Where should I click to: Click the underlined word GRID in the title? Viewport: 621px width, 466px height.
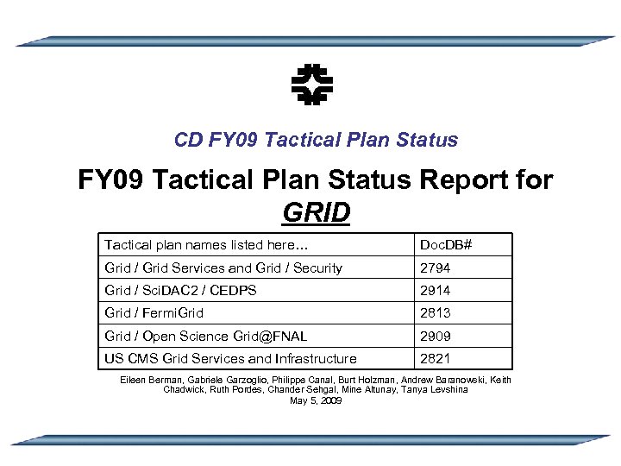pos(316,211)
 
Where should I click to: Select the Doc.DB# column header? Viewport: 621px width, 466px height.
pos(445,245)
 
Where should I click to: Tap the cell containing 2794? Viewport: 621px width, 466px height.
pos(435,268)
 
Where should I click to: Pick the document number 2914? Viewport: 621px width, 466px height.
pos(435,291)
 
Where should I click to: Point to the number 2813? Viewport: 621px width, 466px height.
pos(435,313)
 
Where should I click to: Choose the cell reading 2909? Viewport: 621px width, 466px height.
pos(435,336)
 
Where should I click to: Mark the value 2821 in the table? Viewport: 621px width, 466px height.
pos(435,358)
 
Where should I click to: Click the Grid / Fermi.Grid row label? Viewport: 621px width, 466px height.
pos(154,313)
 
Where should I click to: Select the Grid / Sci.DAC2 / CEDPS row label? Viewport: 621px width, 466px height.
pos(180,291)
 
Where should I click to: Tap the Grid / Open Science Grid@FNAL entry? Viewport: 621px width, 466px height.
pos(206,336)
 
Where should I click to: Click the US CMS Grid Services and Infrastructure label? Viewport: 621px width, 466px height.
pos(230,358)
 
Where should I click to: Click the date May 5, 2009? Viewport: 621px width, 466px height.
pos(316,400)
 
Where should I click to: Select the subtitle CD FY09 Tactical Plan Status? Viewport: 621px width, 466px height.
pos(316,140)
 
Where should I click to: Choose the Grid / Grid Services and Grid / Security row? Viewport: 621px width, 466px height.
pos(223,268)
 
